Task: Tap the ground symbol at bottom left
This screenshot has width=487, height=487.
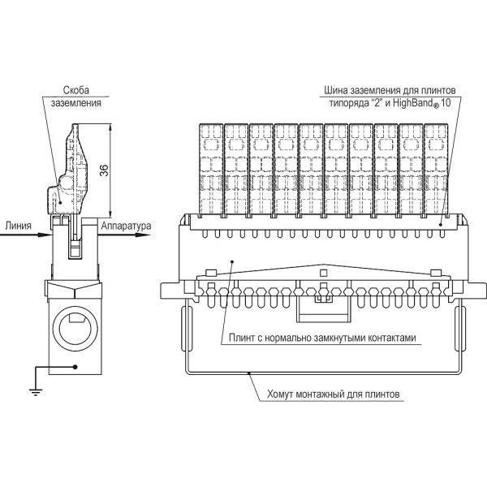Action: (x=35, y=392)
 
